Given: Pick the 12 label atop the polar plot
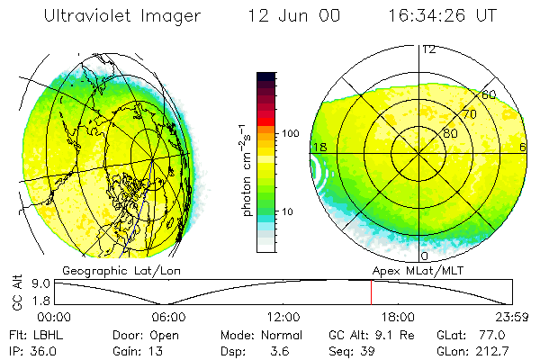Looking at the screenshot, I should pos(429,49).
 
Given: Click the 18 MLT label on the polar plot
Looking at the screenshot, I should pos(319,147).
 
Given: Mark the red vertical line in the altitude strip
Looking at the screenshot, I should pos(371,292).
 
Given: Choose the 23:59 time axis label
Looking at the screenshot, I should pos(510,316).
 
